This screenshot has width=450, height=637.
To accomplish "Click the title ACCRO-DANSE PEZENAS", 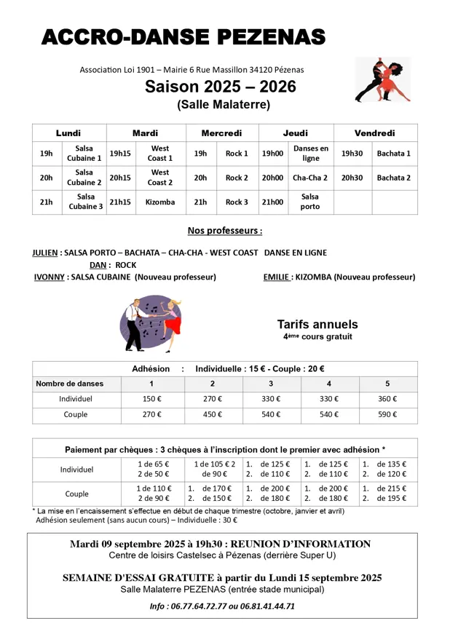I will [x=183, y=37].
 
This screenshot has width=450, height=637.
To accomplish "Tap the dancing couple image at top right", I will [x=382, y=80].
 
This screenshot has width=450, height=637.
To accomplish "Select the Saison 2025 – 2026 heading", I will [x=220, y=87].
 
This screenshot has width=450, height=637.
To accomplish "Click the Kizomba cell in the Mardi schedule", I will [x=160, y=202].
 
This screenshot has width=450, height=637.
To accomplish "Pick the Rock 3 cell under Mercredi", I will [x=237, y=202].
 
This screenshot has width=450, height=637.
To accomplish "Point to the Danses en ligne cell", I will [x=310, y=154].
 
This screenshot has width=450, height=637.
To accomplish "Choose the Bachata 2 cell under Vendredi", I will [x=393, y=178].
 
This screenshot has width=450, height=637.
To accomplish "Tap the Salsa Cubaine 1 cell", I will [x=84, y=154].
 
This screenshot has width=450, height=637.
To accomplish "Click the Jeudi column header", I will [x=295, y=133].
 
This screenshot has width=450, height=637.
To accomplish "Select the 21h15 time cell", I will [x=120, y=202].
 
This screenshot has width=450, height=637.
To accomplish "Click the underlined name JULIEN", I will [x=45, y=253].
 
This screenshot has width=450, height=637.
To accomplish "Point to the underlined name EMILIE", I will [x=278, y=277].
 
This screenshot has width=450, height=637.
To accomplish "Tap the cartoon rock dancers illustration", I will [x=151, y=323].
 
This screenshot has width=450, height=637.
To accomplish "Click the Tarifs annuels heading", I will [x=317, y=325].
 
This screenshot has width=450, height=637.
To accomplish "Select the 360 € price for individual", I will [x=387, y=399].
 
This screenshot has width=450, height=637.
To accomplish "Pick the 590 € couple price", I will [x=387, y=414].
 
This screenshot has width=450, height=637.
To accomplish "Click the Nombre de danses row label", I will [x=70, y=384].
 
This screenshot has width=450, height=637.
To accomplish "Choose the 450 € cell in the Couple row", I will [x=213, y=414].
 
